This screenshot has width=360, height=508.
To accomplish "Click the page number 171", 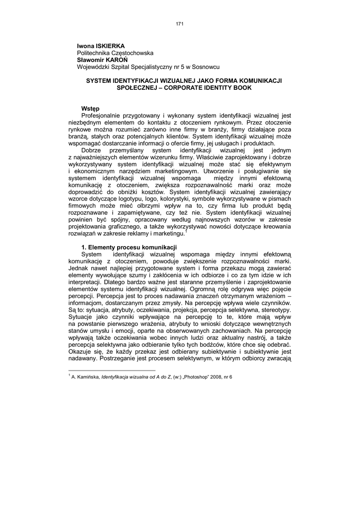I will click(180, 23).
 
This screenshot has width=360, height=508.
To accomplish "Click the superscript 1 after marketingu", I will click(186, 231).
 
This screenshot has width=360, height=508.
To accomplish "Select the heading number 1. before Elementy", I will click(83, 247).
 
